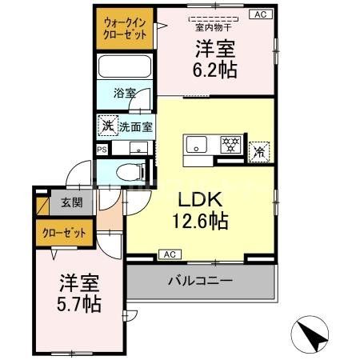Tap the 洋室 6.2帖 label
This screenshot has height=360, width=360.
pos(214,59)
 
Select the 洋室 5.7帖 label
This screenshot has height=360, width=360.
pos(79,293)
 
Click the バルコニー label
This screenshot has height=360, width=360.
pos(199,281)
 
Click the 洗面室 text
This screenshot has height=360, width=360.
pos(136,126)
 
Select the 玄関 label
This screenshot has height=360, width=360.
pos(65,202)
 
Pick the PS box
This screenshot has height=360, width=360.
pos(102,149)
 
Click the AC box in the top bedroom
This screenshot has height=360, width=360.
pos(259,14)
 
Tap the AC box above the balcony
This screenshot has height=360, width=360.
pos(168,254)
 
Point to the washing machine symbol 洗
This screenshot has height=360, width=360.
pos(106,126)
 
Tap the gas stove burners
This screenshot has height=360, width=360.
pos(230,145)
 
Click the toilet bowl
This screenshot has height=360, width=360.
pos(128,170)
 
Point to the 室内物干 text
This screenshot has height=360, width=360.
pos(214,25)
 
